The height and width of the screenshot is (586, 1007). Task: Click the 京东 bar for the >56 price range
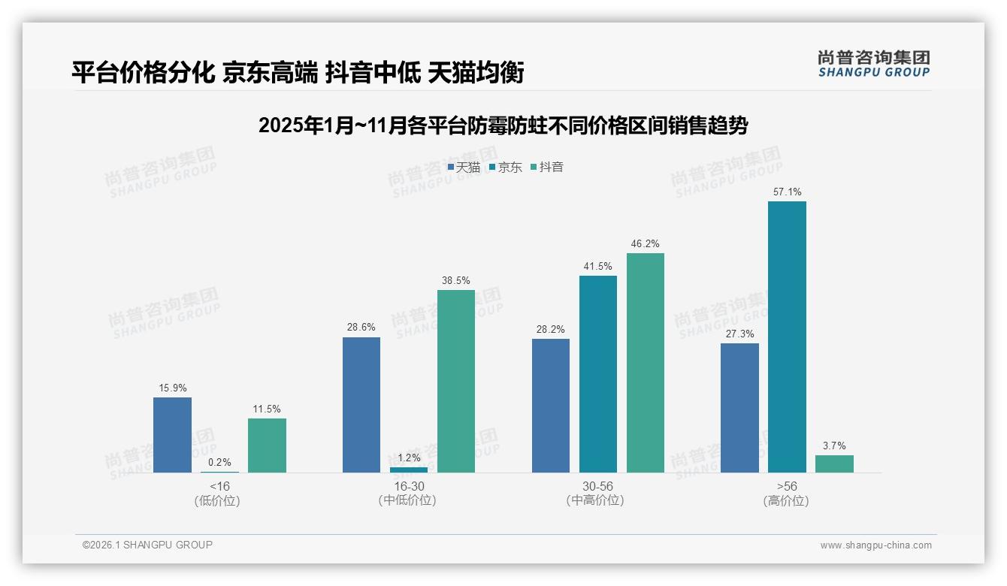point(787,337)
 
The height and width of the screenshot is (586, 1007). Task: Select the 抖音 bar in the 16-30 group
point(456,381)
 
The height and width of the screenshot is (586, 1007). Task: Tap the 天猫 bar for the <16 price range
point(172,435)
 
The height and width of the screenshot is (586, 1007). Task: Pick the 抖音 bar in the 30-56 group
point(646,363)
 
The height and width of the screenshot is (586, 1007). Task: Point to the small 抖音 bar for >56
point(834,464)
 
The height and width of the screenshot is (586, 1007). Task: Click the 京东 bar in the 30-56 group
point(598,374)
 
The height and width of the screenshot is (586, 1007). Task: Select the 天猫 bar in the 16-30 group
point(361,405)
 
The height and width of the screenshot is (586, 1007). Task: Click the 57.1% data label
point(787,192)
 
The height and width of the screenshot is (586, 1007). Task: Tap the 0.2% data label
point(219,463)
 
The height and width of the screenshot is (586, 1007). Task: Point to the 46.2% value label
point(646,244)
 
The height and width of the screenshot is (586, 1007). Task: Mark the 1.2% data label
point(409,458)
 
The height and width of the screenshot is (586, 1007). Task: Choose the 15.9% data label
point(172,388)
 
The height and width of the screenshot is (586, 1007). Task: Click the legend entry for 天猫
point(464,167)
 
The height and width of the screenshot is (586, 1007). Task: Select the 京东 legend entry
point(505,167)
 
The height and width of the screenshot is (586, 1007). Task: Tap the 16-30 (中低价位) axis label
point(407,494)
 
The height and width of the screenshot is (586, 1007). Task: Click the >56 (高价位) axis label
point(786,494)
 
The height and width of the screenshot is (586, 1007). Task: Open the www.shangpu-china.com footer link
point(875,545)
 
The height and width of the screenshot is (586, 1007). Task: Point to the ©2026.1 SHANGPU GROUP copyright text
point(147,545)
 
